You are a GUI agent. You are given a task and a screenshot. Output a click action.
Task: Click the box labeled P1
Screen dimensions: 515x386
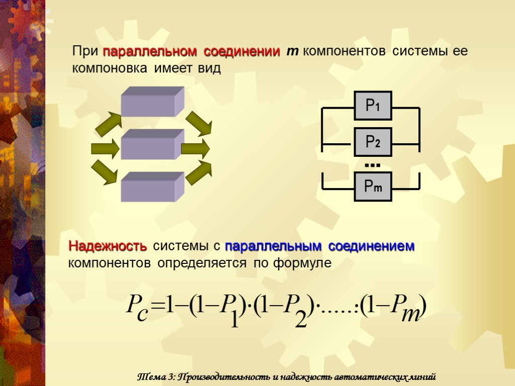373,106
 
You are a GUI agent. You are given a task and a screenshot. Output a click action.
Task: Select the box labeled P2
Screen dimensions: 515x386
373,142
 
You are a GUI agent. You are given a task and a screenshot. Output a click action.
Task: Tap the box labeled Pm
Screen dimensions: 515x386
373,187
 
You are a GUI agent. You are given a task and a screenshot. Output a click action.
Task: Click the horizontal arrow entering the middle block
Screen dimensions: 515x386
105,149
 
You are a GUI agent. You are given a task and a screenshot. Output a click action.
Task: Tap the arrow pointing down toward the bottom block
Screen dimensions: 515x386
105,172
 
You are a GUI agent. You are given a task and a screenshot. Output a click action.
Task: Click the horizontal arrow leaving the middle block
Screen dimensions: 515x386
195,149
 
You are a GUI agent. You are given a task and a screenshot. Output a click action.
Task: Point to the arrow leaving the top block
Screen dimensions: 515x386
199,124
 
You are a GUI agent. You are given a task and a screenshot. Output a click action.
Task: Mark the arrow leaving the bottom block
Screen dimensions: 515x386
199,172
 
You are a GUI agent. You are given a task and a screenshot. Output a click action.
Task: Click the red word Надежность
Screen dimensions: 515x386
108,246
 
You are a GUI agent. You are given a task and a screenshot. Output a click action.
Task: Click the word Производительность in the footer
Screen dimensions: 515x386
219,377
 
